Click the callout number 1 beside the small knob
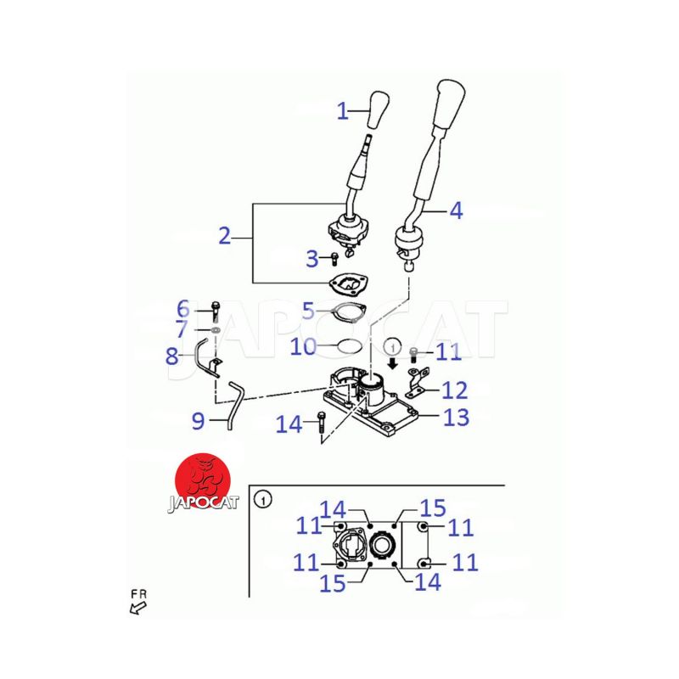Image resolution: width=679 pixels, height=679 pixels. [343, 111]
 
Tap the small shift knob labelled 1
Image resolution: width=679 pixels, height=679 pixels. [378, 109]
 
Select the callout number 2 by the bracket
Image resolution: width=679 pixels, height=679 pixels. [224, 236]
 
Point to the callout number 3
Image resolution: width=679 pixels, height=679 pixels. [311, 259]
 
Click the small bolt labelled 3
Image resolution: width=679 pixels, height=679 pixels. [334, 259]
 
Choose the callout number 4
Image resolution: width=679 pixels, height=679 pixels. [456, 210]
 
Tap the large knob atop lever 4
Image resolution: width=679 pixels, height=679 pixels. [451, 103]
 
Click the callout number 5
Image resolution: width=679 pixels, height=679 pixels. [308, 311]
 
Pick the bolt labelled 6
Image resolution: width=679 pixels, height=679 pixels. [216, 311]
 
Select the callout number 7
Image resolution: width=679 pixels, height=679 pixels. [182, 329]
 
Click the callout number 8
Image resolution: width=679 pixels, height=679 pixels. [172, 356]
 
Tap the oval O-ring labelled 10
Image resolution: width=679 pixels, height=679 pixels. [350, 346]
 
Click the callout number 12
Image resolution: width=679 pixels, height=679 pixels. [454, 390]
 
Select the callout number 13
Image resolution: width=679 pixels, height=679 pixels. [456, 417]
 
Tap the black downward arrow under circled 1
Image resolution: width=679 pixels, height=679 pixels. [393, 363]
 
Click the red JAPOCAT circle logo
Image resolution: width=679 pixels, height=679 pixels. [203, 481]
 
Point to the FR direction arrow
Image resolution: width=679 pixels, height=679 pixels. [137, 609]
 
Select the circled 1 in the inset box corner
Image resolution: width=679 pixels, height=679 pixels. [263, 500]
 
